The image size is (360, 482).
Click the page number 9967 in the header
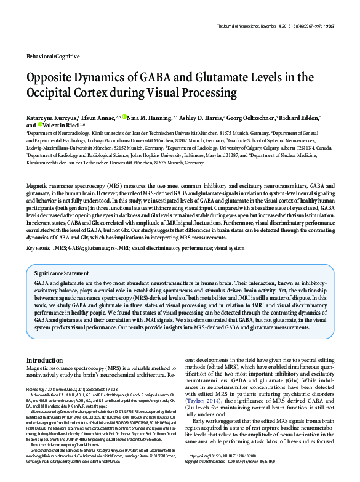click(346, 26)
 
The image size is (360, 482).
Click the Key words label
click(39, 248)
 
